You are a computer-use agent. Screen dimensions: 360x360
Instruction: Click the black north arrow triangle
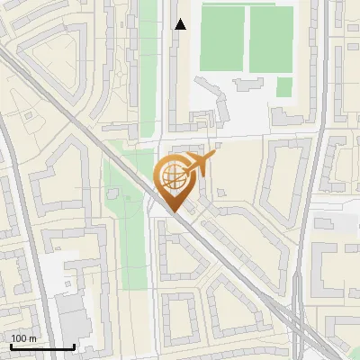click(180, 24)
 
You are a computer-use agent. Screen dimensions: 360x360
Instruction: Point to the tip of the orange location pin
click(172, 211)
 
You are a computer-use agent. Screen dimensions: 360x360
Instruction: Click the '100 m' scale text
click(23, 338)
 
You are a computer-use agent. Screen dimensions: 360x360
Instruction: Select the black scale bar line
click(42, 346)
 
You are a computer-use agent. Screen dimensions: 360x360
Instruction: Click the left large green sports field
click(222, 38)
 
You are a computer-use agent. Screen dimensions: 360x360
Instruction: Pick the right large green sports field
click(271, 38)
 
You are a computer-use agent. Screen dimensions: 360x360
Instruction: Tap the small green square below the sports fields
click(284, 86)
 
